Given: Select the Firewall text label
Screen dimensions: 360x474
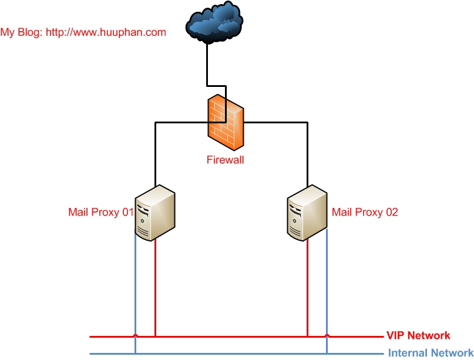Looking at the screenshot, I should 225,159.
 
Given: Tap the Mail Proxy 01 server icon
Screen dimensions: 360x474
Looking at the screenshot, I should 155,212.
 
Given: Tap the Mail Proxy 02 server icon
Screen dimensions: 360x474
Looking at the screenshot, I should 307,212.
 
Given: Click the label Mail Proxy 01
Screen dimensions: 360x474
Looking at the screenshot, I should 101,212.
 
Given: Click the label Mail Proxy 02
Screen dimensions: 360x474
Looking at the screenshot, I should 365,212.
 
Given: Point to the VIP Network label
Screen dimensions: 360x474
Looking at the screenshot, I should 418,336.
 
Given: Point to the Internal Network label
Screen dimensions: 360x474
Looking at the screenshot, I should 431,354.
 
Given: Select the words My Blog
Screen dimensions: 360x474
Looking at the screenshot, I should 21,32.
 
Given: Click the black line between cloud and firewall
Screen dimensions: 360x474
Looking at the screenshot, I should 207,65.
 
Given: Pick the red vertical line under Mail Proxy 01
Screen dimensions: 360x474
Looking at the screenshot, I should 155,288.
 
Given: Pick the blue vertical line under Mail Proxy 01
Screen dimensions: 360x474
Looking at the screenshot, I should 136,288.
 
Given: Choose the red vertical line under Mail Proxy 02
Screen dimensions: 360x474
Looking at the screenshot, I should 307,288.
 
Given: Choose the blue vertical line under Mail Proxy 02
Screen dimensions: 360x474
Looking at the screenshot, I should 327,288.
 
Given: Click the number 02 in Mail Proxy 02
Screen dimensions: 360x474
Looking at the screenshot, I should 391,212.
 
